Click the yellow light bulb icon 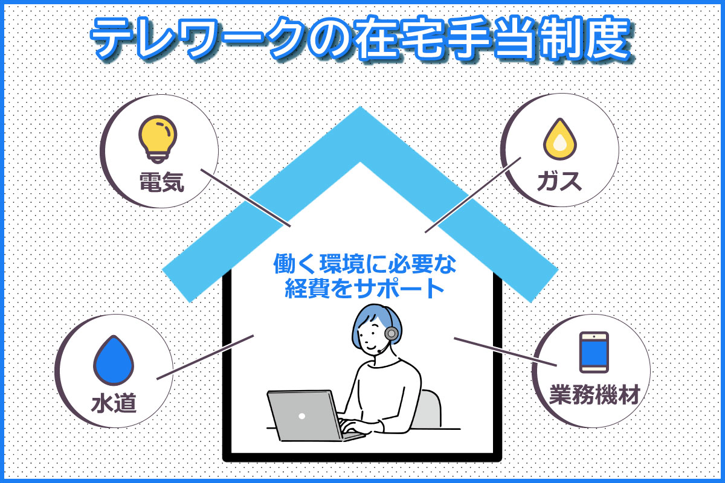(158, 139)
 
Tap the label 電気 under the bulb (162, 182)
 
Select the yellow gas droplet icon (560, 139)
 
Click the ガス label (559, 182)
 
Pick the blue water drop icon (114, 360)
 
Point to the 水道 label (114, 403)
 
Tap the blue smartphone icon (594, 353)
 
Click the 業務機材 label (594, 394)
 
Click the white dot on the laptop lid (302, 416)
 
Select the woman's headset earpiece (391, 333)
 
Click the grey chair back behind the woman (429, 409)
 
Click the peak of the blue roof (360, 107)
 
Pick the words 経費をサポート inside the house (364, 288)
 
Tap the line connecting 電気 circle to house (245, 197)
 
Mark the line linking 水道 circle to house (205, 357)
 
